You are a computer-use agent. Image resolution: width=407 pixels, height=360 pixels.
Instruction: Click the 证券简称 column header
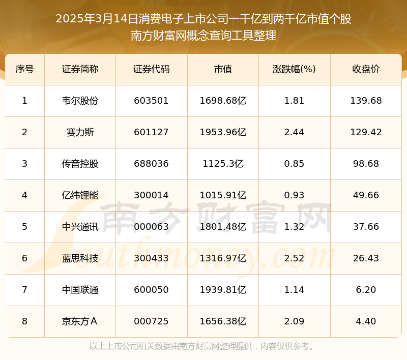point(80,69)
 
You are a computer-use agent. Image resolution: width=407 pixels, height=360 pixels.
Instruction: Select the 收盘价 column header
point(366,69)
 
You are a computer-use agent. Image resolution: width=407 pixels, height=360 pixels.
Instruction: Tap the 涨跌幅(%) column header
point(295,69)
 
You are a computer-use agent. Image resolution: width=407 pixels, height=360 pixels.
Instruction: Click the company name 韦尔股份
point(80,101)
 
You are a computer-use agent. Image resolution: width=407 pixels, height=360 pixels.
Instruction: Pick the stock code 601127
point(151,132)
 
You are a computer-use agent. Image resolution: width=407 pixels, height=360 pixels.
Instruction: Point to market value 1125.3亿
point(223,164)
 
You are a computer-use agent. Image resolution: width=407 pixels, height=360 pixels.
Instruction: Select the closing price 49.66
point(366,195)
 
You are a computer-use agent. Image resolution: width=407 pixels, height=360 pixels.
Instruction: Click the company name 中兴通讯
point(80,227)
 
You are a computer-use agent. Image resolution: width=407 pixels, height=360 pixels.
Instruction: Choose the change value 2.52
point(295,258)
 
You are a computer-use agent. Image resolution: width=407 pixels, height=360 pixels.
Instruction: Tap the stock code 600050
point(151,290)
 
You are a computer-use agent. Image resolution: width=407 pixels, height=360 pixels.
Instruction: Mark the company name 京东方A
point(80,321)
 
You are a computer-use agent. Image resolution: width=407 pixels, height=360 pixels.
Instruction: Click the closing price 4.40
point(366,321)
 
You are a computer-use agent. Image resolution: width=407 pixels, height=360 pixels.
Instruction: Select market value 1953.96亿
point(223,132)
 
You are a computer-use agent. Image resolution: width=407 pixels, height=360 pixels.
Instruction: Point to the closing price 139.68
point(366,101)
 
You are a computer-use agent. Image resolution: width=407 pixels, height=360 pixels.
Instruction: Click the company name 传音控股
point(80,164)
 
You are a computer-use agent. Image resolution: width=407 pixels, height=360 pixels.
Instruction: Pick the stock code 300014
point(151,195)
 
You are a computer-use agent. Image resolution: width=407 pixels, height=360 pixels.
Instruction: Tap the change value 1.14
point(295,290)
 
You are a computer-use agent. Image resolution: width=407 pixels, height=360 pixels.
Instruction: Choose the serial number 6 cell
point(24,258)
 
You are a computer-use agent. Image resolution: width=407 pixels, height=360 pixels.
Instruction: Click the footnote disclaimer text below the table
point(203,346)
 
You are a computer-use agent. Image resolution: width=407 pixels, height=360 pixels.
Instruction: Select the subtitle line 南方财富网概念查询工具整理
point(203,36)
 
